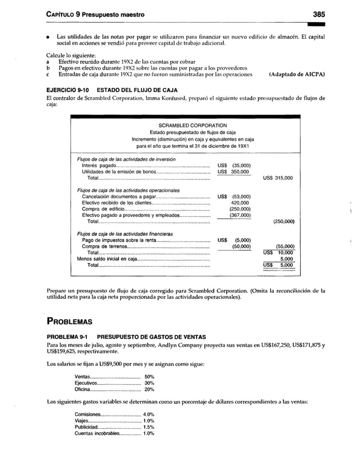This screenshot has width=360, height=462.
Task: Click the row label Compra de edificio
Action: [x=99, y=209]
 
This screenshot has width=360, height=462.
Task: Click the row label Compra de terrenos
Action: [x=101, y=246]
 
